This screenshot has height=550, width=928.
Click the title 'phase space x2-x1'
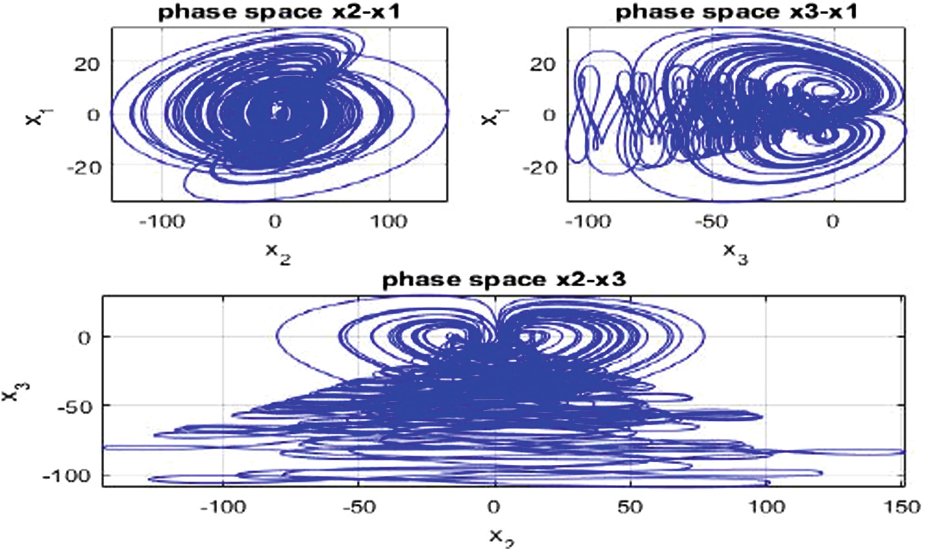click(x=279, y=13)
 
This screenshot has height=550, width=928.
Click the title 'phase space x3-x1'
click(x=735, y=13)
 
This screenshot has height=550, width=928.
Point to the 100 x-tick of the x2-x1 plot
click(x=388, y=222)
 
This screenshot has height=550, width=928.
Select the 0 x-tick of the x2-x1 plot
click(x=275, y=222)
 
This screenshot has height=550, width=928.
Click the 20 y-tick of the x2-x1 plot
click(x=83, y=63)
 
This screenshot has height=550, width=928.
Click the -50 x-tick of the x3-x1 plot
click(x=711, y=222)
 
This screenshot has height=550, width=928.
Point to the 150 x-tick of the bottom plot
click(x=901, y=507)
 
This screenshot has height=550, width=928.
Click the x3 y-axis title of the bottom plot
click(x=12, y=391)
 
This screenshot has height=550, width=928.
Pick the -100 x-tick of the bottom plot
click(x=222, y=507)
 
